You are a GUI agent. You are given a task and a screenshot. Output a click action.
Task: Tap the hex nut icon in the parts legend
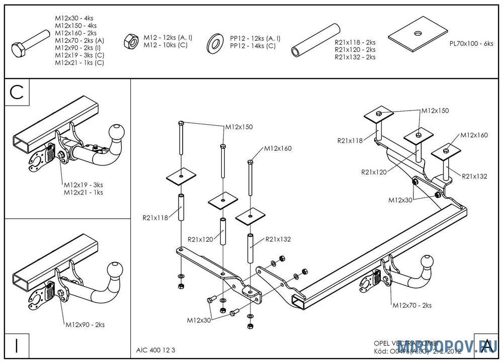tap(130, 41)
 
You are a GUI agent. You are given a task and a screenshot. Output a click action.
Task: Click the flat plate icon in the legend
tap(417, 35)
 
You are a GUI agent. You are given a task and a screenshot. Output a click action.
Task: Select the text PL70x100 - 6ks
tap(471, 44)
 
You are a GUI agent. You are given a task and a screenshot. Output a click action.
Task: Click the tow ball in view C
tap(117, 133)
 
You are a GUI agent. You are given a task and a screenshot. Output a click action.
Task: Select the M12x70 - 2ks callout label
tap(411, 305)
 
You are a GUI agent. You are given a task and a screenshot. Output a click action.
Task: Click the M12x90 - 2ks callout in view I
tap(85, 325)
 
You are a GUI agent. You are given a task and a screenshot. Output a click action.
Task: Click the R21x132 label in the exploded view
tap(278, 239)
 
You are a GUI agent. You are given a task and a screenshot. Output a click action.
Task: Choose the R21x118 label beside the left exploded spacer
tap(155, 218)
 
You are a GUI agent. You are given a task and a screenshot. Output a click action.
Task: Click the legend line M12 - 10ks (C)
tap(165, 45)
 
